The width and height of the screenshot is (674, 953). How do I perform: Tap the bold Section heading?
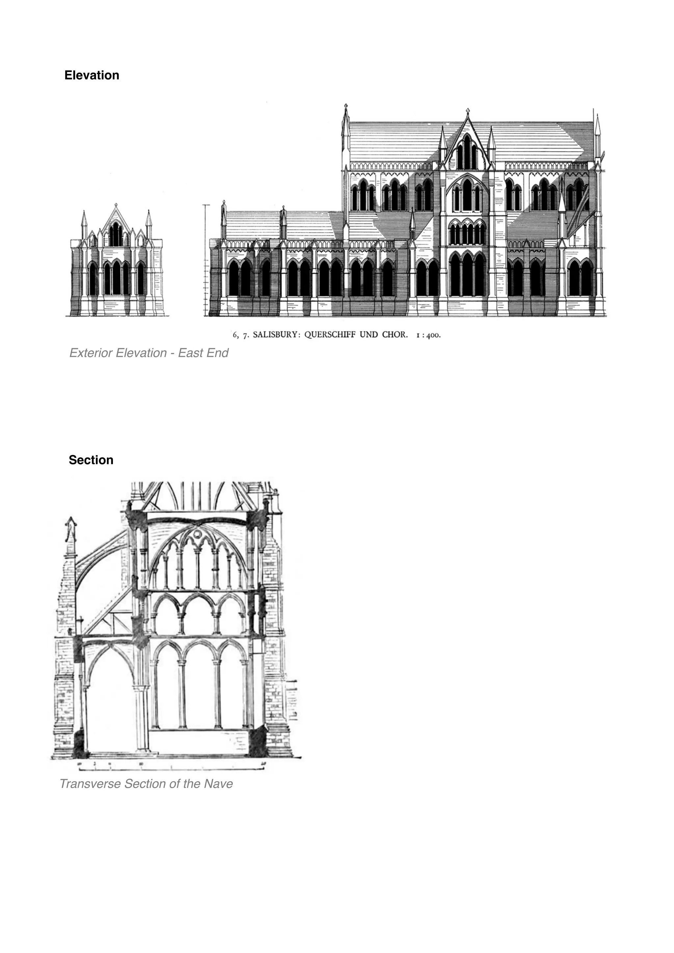click(91, 460)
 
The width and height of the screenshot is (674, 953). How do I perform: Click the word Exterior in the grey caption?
click(89, 353)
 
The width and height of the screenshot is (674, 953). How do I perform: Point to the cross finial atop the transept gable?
click(468, 111)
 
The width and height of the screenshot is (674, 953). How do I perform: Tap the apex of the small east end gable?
click(116, 205)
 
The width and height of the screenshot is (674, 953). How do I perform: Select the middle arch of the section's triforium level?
click(198, 612)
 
